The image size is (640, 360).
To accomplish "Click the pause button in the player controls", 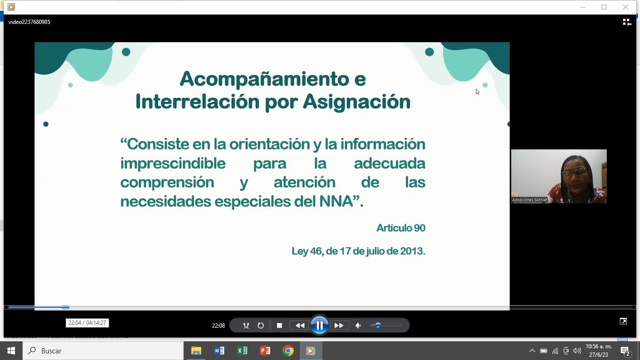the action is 319,325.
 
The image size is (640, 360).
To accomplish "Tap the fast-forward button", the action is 339,325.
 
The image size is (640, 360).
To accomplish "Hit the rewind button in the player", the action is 300,325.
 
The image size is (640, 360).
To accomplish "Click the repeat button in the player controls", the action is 260,325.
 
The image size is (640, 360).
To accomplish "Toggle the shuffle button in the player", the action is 246,325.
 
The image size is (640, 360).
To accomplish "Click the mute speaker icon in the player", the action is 358,325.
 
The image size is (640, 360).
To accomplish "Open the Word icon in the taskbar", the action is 219,351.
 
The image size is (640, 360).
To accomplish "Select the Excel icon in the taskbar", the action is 242,351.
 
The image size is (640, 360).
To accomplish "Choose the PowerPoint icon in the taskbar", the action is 265,351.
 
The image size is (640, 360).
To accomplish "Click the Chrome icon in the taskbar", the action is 288,351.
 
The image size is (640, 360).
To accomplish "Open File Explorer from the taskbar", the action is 196,351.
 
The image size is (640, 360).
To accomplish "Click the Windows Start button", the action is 11,351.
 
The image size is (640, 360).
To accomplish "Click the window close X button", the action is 625,7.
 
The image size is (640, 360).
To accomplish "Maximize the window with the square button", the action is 604,7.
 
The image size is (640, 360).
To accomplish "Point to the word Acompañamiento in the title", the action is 264,79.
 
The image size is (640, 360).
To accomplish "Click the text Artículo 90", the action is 401,228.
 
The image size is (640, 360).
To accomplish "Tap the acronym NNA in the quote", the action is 336,201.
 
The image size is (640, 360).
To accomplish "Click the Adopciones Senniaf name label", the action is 529,200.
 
